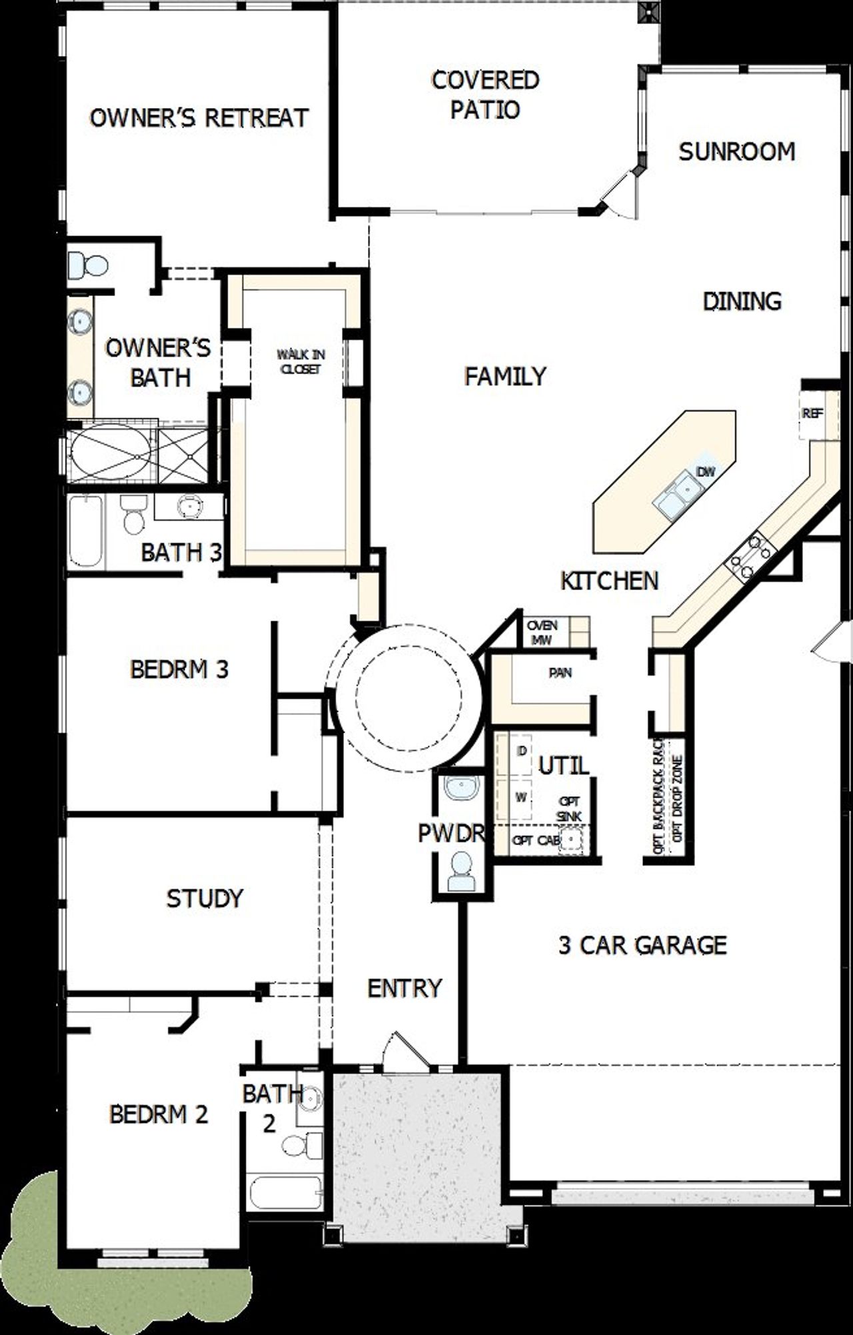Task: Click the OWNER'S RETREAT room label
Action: (x=199, y=118)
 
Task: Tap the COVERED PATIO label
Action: (x=485, y=95)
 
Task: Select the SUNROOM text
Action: (x=736, y=152)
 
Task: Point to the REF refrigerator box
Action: (x=812, y=414)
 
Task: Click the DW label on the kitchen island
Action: (x=705, y=472)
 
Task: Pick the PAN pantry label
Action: (x=560, y=673)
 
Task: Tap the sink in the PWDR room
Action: (x=462, y=788)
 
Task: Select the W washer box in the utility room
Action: (x=520, y=797)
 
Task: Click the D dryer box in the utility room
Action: (x=522, y=751)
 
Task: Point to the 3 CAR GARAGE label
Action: (x=642, y=945)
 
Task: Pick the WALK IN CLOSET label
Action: (x=301, y=361)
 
